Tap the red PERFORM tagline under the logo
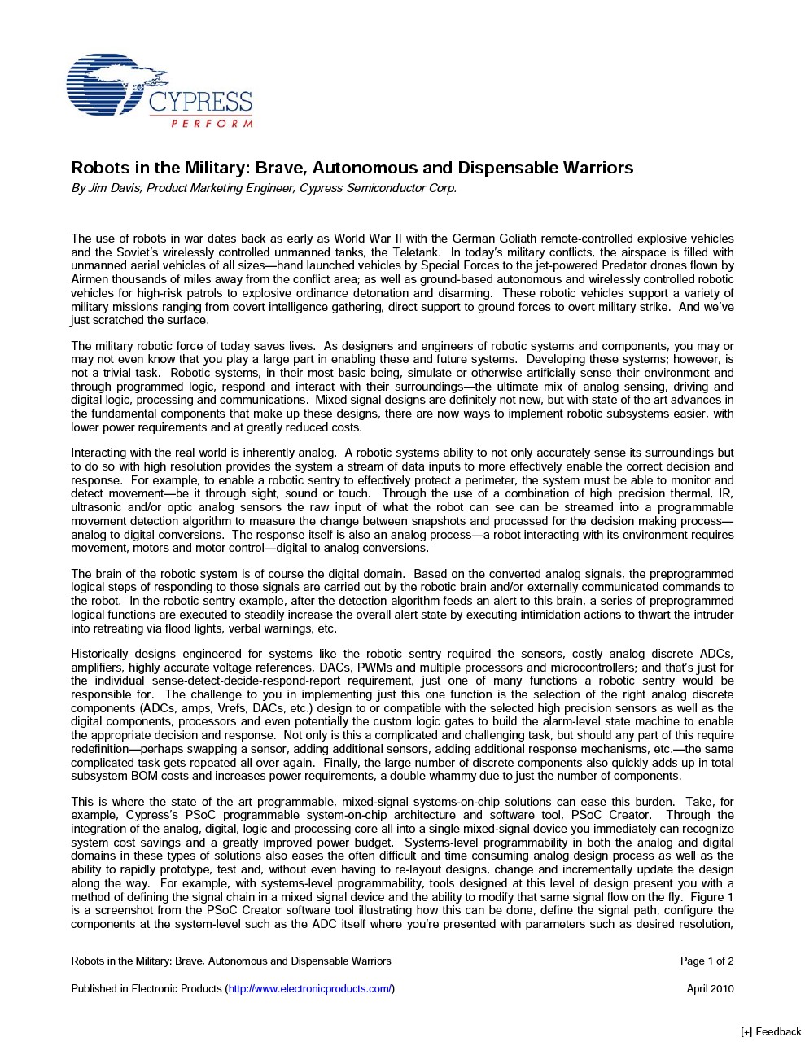click(211, 124)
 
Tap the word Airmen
click(89, 279)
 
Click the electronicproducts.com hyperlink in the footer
click(310, 988)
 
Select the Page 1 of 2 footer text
click(707, 961)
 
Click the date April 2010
click(710, 988)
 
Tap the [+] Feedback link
click(771, 1031)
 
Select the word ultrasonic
click(97, 507)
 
